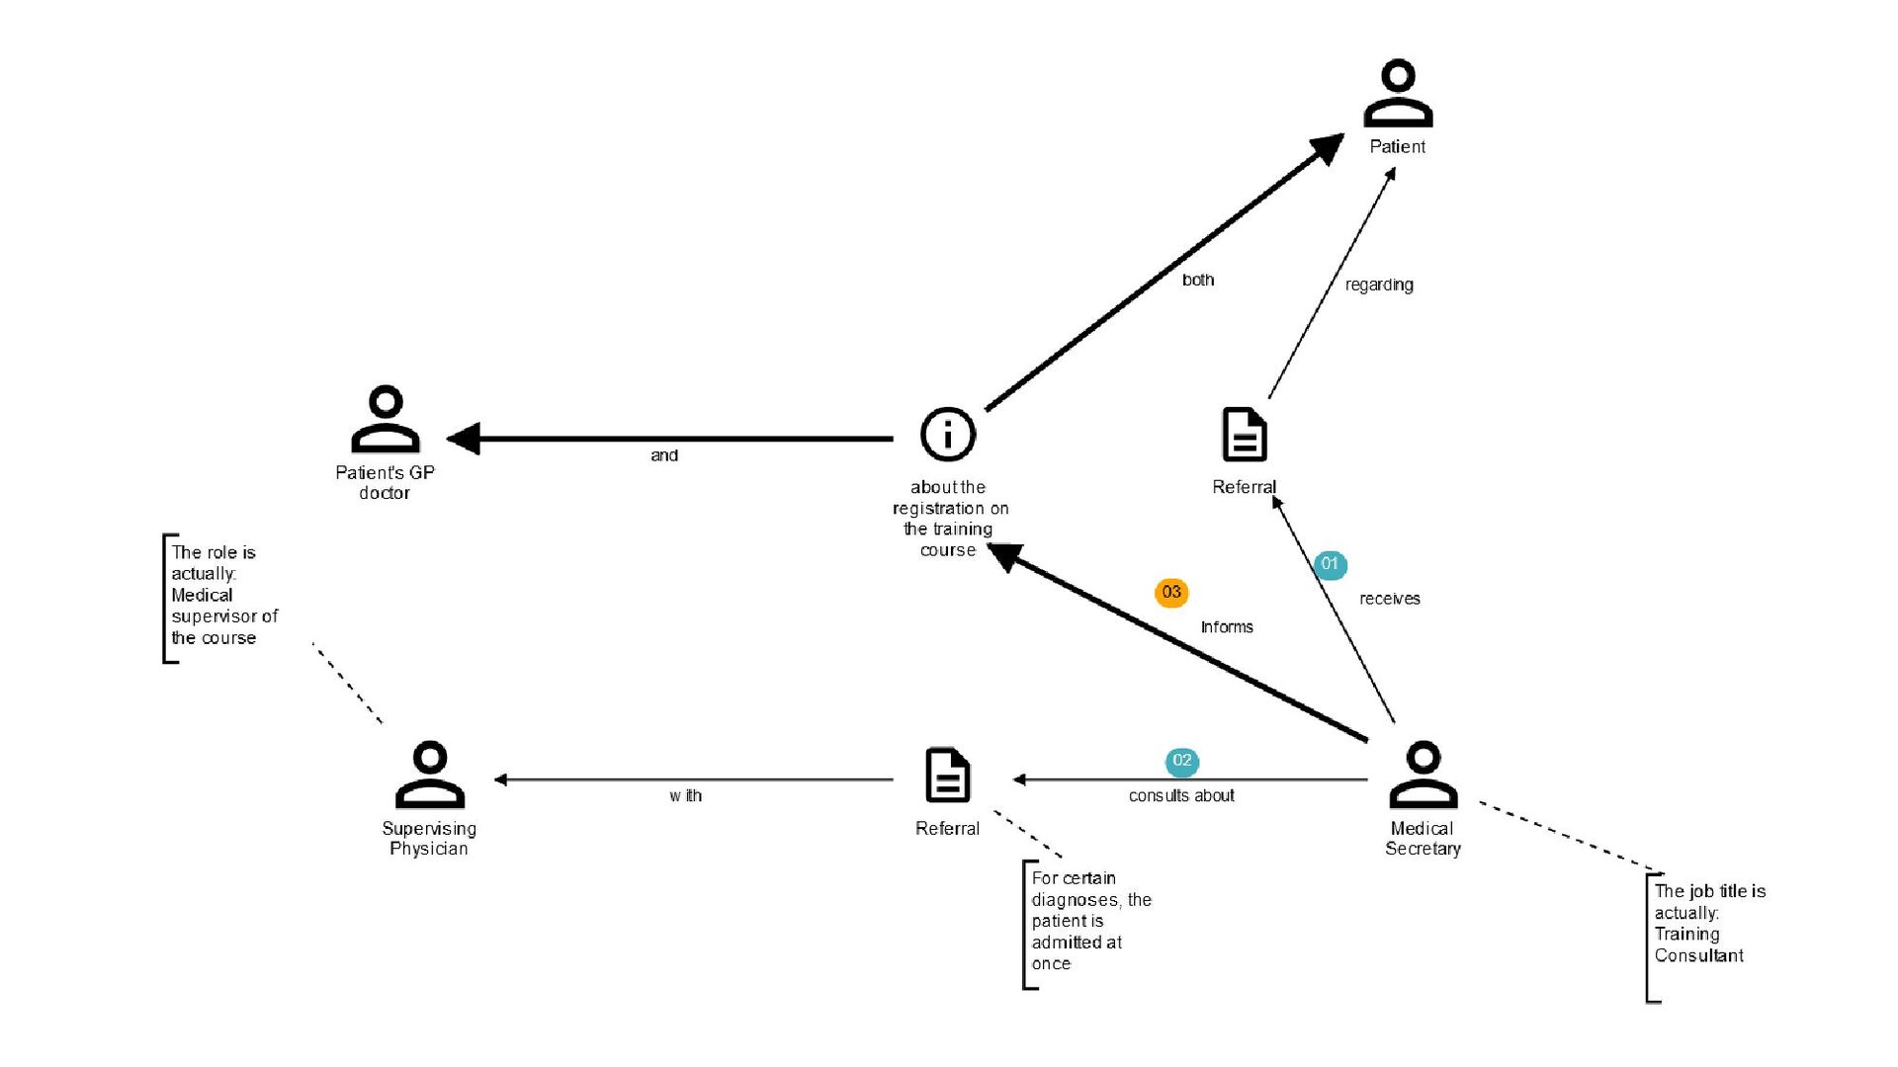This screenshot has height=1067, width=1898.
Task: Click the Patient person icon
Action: [x=1398, y=93]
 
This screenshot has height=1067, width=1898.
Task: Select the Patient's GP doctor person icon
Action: [x=386, y=419]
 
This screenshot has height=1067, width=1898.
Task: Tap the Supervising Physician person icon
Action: [x=430, y=775]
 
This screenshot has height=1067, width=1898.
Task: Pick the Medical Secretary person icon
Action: [x=1423, y=775]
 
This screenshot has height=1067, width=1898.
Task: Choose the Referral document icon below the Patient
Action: [x=1245, y=435]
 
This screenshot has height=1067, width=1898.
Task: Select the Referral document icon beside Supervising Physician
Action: [x=947, y=775]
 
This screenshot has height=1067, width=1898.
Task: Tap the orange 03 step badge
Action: [x=1171, y=593]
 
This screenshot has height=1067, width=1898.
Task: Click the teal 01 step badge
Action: [x=1330, y=564]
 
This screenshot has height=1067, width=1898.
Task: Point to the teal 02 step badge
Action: [x=1182, y=761]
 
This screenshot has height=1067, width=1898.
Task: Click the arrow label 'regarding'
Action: [x=1379, y=285]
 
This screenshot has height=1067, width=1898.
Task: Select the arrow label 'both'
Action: [x=1198, y=280]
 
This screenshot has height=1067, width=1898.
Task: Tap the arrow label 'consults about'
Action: [x=1181, y=795]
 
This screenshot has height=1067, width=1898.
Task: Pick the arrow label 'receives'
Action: [x=1390, y=599]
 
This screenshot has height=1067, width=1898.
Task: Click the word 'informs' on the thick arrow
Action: [x=1227, y=627]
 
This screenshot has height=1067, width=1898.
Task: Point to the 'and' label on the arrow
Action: [x=664, y=455]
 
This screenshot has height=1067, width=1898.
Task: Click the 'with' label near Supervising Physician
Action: [x=685, y=795]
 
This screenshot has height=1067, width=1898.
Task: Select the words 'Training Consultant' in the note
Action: [x=1699, y=944]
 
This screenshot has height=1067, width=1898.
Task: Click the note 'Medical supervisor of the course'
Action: [x=224, y=616]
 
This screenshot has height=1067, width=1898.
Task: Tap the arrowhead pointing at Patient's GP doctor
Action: [x=463, y=439]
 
